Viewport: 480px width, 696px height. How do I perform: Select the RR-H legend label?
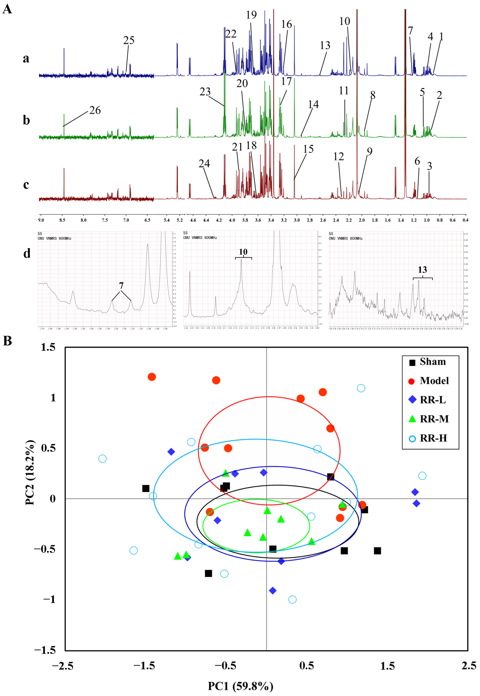[x=433, y=438]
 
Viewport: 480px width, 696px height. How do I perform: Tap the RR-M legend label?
[x=434, y=419]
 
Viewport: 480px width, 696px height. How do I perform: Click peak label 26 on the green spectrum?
[x=95, y=110]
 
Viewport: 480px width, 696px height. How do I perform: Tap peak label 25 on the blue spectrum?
[x=129, y=40]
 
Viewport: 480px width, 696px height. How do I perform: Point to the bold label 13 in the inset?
[x=422, y=270]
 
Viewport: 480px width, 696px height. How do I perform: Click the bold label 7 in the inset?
[x=121, y=286]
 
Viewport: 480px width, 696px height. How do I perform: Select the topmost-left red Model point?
[x=152, y=377]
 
